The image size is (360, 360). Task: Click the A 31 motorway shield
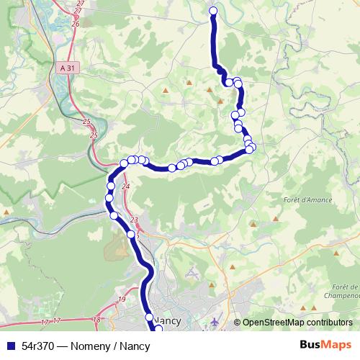coord(68,68)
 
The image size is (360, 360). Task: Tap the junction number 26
coord(76,24)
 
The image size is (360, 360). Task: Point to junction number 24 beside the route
coord(127,186)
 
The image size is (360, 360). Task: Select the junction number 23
coord(134,220)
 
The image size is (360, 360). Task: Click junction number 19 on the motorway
coord(122,299)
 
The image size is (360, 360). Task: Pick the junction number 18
coord(97,318)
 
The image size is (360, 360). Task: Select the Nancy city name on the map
coord(167,318)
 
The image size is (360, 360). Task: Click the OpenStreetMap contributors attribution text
coord(297,323)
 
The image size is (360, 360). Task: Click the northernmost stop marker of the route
coord(213,10)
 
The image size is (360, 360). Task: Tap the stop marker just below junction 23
coord(131,234)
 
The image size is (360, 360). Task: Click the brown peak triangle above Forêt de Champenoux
coord(336,255)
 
